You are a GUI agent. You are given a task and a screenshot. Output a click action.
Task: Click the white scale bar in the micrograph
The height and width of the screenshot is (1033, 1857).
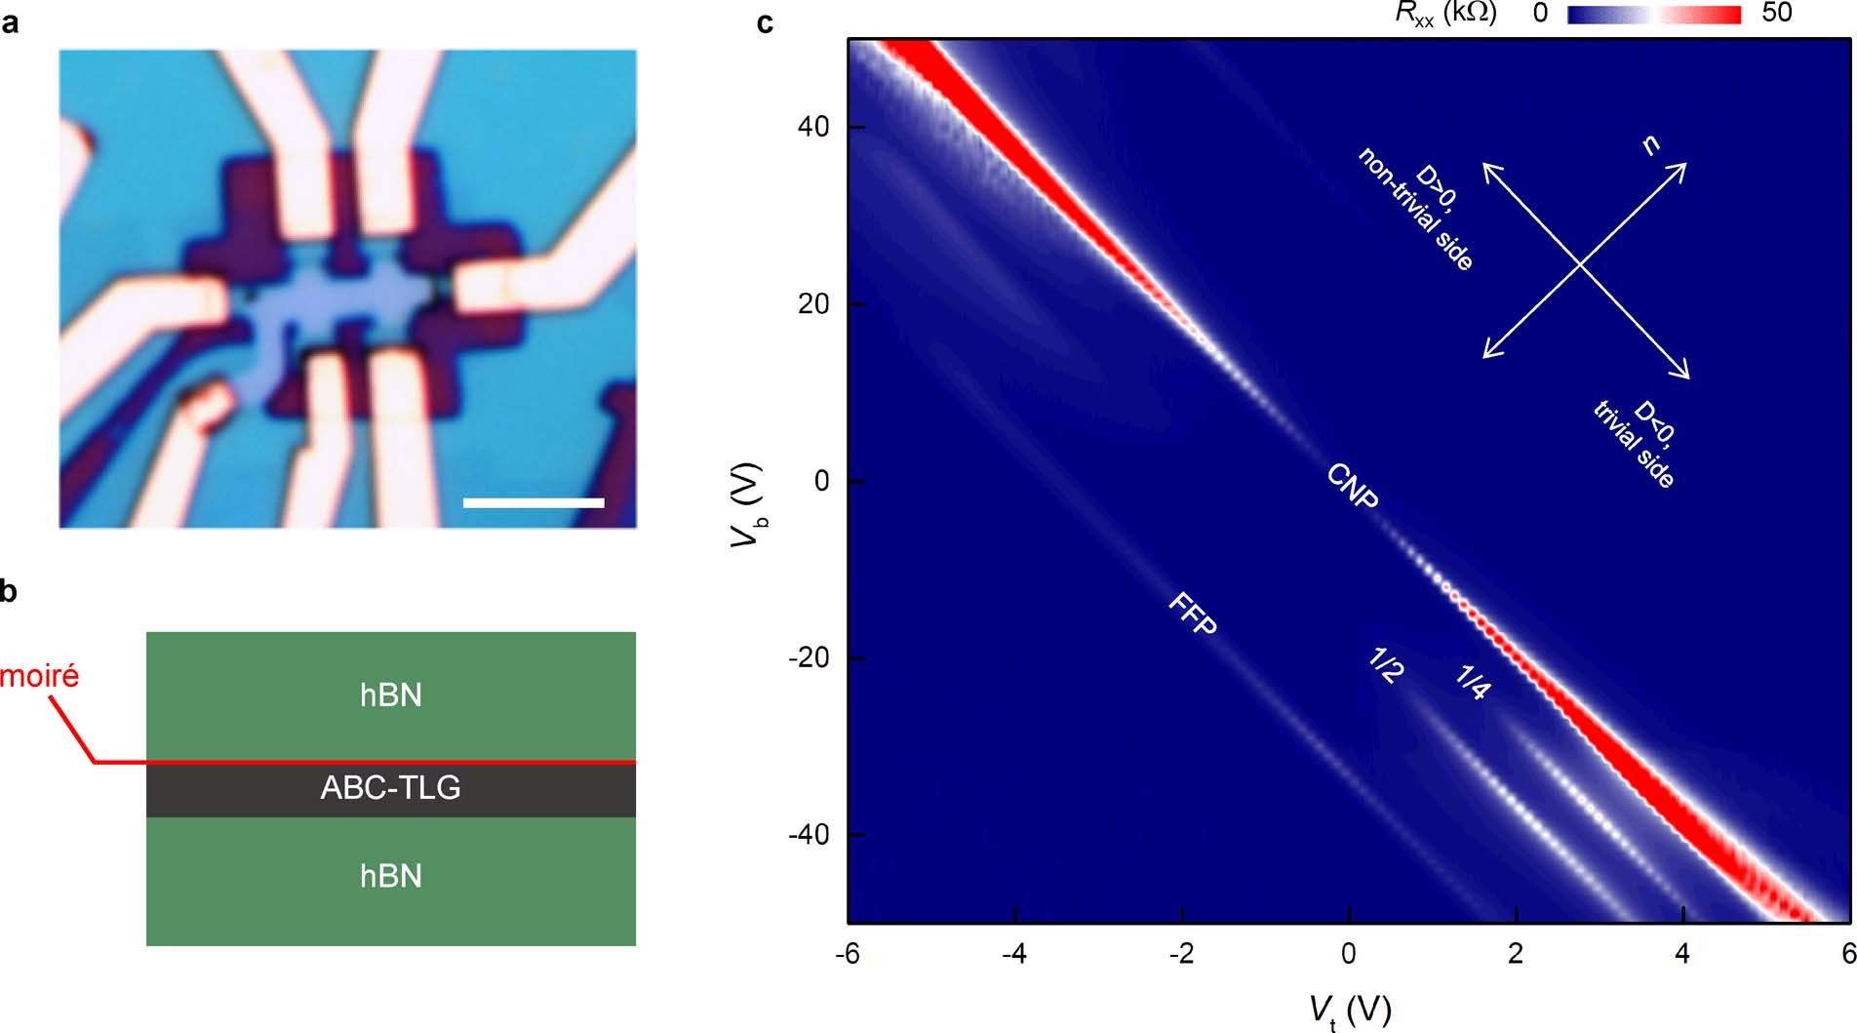(533, 502)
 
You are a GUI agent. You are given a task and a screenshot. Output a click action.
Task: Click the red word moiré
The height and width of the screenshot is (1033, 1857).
(40, 675)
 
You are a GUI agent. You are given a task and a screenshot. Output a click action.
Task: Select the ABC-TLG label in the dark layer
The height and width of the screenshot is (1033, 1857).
(390, 787)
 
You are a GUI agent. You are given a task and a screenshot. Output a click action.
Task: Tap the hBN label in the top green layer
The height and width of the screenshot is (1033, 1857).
(390, 695)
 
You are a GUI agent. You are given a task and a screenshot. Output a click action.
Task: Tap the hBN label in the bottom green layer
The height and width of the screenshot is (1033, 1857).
(390, 876)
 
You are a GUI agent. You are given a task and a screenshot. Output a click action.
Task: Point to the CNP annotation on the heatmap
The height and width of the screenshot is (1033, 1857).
(1353, 486)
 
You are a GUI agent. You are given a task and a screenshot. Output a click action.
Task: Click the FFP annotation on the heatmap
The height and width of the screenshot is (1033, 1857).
(1193, 614)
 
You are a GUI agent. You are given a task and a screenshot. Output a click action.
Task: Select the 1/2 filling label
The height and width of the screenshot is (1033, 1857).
(1386, 665)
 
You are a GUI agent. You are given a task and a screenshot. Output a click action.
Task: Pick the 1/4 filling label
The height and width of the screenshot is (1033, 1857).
(1473, 681)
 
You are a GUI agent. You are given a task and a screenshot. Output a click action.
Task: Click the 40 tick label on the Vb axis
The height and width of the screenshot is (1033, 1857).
(812, 127)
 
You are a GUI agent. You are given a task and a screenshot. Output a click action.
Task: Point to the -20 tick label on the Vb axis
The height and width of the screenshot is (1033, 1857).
(808, 658)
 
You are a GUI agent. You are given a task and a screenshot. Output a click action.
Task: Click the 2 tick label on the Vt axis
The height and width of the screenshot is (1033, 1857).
(1516, 954)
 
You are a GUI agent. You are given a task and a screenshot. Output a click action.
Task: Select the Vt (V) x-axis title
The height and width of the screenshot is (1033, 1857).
(1349, 1011)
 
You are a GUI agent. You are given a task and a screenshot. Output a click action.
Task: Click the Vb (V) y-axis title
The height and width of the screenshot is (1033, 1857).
(748, 503)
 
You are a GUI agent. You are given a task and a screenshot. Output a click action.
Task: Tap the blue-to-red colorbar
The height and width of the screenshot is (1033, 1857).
(1653, 15)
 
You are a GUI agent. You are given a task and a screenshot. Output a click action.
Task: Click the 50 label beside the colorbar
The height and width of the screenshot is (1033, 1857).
(1777, 13)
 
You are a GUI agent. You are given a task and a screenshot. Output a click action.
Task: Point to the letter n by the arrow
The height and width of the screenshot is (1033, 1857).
(1650, 145)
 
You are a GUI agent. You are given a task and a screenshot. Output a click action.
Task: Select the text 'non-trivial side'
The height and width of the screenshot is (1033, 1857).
(1414, 210)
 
